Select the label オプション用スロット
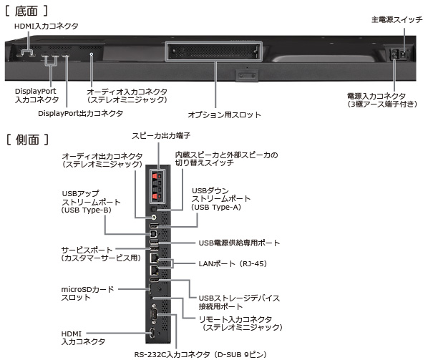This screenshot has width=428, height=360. [x=224, y=114]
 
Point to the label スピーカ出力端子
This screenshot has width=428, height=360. [x=160, y=136]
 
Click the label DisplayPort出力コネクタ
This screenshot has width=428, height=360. [x=80, y=113]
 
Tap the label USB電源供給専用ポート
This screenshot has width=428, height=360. [x=239, y=243]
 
